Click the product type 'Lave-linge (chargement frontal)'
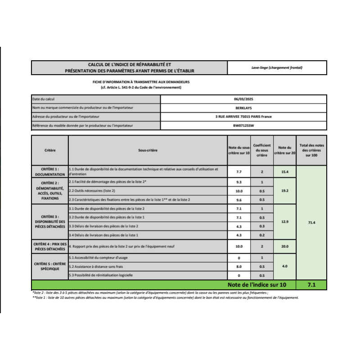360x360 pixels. pos(277,67)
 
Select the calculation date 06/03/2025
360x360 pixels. pos(244,99)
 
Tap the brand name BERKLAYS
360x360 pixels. pos(244,108)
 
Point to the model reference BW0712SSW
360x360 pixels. pos(244,126)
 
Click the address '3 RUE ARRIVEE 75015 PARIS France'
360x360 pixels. pos(244,117)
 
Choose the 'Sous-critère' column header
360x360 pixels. pos(148,150)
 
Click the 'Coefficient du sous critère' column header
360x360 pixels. pos(262,150)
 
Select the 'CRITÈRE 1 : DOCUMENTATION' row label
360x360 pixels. pos(50,171)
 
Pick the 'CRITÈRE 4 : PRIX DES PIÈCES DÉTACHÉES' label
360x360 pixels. pos(50,246)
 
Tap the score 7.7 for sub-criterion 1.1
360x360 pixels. pos(239,172)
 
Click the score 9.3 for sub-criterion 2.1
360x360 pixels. pos(239,182)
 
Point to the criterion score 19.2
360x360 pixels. pos(284,191)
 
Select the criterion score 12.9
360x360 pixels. pos(284,222)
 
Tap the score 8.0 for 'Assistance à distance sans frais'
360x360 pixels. pos(239,266)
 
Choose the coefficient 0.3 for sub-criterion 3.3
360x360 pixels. pos(262,226)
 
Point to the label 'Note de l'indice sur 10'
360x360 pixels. pos(256,285)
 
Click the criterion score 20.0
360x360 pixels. pos(284,246)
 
